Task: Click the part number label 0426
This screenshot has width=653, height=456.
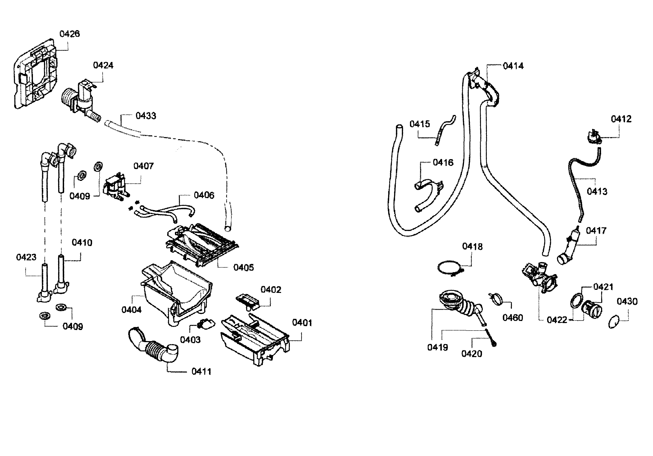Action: point(69,34)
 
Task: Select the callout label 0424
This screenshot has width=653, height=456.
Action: point(103,65)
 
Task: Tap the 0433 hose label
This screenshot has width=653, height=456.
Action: point(146,116)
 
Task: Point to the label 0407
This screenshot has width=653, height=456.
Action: point(143,166)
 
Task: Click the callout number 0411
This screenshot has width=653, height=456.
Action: point(201,372)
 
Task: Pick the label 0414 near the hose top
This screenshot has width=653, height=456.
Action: point(513,66)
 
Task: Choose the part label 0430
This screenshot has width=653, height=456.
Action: point(627,301)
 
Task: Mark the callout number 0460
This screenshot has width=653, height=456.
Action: point(513,318)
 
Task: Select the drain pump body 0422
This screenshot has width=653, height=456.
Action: point(539,278)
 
